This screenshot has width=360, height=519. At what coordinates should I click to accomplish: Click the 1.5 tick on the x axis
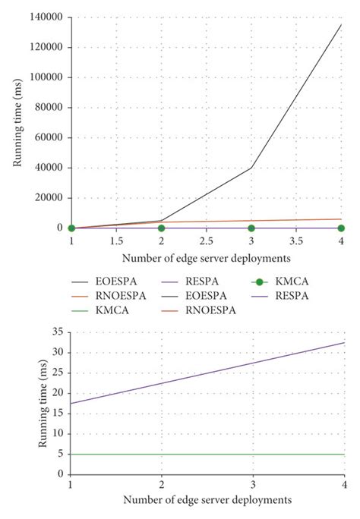116,240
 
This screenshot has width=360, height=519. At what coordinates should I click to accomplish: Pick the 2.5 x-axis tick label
206,240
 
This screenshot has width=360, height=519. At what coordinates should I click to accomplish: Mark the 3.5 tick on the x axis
296,240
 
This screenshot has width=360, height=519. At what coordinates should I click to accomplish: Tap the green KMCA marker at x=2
161,228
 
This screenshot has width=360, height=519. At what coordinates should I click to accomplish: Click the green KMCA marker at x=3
251,228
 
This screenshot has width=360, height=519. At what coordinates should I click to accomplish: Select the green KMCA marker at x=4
341,228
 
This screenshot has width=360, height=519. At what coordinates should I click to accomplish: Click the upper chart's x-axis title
206,257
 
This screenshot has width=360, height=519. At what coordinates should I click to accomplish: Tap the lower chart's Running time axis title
42,402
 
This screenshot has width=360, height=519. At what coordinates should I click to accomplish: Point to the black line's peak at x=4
341,24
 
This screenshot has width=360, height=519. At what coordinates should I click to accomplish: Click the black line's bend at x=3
251,168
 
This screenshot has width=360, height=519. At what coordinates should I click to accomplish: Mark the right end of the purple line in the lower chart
344,342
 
